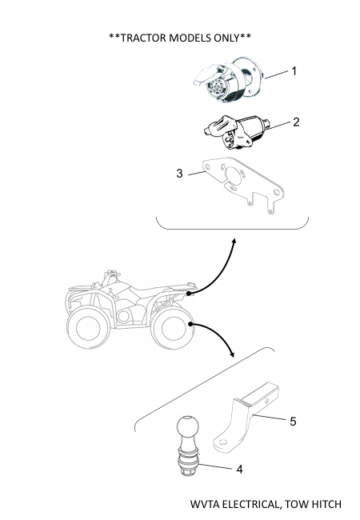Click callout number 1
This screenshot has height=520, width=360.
pyautogui.click(x=294, y=71)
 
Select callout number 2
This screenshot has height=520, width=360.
pyautogui.click(x=296, y=122)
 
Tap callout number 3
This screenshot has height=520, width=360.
pyautogui.click(x=179, y=173)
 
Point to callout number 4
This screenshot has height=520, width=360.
pyautogui.click(x=240, y=470)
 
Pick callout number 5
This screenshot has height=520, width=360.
pyautogui.click(x=293, y=422)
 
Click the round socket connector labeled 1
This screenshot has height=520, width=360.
pyautogui.click(x=228, y=79)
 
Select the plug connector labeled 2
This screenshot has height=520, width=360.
pyautogui.click(x=237, y=130)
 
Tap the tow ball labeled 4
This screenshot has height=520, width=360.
pyautogui.click(x=188, y=446)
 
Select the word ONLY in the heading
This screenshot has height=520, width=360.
pyautogui.click(x=226, y=38)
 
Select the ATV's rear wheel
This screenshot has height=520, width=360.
pyautogui.click(x=173, y=328)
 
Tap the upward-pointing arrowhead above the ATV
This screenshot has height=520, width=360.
pyautogui.click(x=234, y=241)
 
